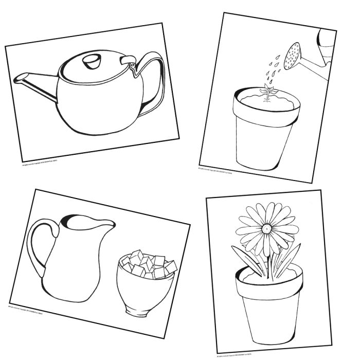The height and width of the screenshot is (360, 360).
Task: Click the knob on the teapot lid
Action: [92, 61]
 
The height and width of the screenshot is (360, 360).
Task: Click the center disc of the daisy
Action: [267, 229]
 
